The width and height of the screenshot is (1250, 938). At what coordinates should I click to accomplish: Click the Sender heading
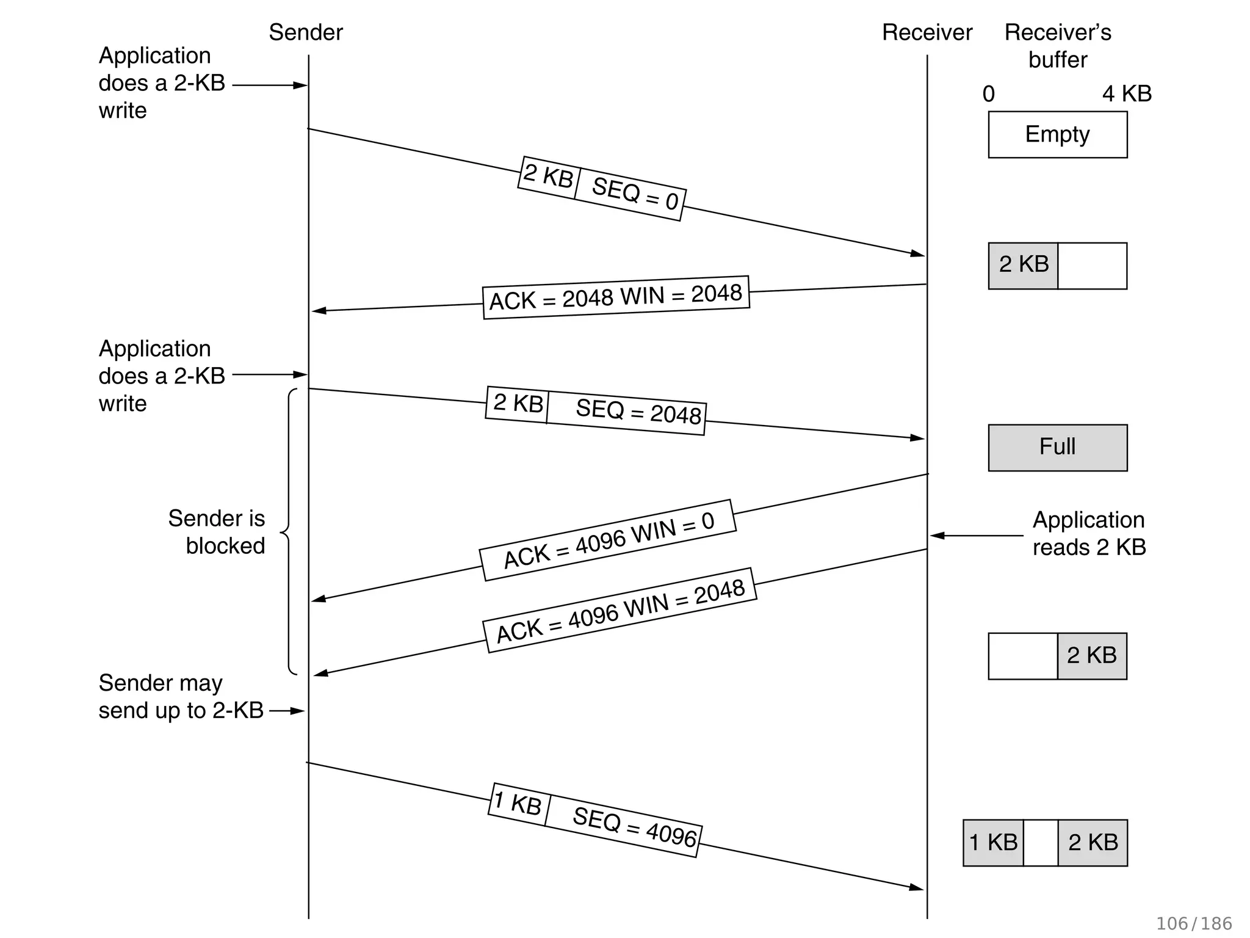coord(306,32)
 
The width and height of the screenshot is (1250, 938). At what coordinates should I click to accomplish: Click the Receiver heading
coord(927,32)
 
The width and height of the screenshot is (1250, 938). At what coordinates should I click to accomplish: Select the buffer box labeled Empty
coord(1057,134)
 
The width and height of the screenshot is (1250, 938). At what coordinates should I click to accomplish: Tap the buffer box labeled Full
coord(1057,447)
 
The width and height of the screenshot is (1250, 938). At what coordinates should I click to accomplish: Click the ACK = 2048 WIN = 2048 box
coord(616,297)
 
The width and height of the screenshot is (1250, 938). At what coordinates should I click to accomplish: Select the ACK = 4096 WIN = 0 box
coord(608,540)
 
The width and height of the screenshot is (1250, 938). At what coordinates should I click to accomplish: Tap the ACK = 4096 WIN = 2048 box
coord(620,611)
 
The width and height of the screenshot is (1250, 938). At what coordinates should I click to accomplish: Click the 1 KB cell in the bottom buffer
coord(993,843)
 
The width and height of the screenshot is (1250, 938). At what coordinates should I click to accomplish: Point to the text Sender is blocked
coord(217,532)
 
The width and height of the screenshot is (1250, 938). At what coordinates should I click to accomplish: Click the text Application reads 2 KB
coord(1089,533)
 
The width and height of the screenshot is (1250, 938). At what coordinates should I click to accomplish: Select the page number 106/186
coord(1193,923)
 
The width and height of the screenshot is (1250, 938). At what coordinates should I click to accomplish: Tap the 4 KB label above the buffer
coord(1127,94)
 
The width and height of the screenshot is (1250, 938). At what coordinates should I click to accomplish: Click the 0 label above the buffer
coord(989,94)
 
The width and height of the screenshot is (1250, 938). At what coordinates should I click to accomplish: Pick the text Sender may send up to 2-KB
coord(181,696)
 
